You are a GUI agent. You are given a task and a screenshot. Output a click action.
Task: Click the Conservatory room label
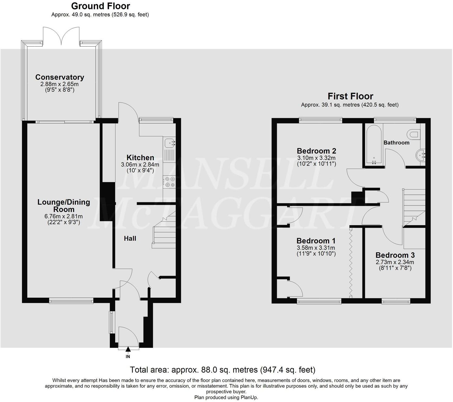tap(60, 77)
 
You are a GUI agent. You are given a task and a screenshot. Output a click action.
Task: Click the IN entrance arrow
tap(128, 350)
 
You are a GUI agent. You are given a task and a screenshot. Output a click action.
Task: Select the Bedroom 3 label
tap(395, 255)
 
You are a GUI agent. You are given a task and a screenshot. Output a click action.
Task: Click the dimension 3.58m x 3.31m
tap(316, 248)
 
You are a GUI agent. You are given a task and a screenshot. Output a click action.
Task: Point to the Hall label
tap(130, 238)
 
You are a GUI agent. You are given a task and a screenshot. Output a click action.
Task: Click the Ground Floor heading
tap(100, 6)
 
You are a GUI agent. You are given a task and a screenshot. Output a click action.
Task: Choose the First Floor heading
tap(350, 96)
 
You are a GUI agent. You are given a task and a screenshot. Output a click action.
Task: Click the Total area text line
tap(222, 370)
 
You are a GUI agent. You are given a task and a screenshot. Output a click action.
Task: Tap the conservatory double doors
tap(61, 36)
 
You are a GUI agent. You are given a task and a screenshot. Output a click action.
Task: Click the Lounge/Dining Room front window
tap(71, 301)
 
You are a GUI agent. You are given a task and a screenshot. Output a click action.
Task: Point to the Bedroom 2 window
tap(321, 120)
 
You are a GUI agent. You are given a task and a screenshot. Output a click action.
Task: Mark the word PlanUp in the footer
tap(249, 397)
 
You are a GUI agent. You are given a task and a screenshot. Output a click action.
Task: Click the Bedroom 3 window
tap(396, 302)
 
